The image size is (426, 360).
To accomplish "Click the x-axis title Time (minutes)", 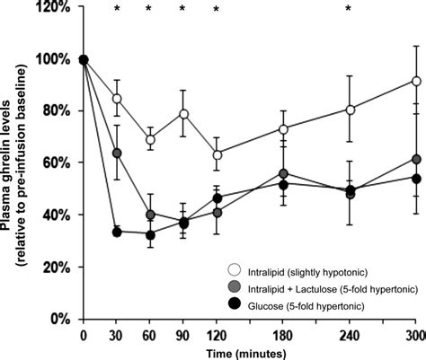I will coord(249,351).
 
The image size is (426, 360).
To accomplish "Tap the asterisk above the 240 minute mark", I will coord(350,11).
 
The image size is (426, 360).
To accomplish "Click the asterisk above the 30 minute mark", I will coord(117,11).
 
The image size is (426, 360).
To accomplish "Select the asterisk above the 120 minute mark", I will coord(216,11).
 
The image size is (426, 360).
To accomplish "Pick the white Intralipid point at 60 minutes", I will coord(150,140).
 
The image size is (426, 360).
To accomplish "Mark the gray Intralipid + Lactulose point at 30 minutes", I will coord(117,154).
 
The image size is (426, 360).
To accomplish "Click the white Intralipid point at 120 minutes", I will coord(217,155).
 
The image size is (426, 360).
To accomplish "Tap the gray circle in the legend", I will coord(232,286).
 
